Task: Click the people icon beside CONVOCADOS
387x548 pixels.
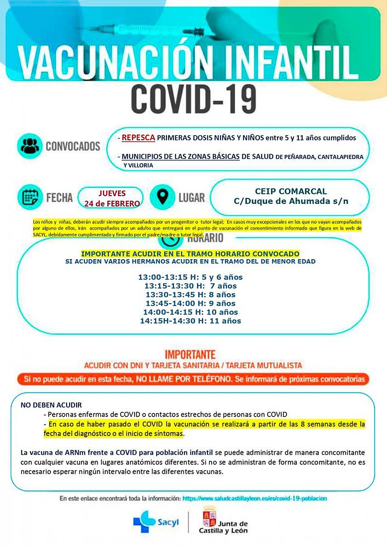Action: point(30,146)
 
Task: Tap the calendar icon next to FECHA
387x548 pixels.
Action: point(30,197)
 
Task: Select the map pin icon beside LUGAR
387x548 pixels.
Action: point(163,197)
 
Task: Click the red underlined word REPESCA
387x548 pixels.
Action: point(138,138)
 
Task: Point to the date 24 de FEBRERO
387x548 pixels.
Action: point(112,203)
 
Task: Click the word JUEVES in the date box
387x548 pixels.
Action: point(112,193)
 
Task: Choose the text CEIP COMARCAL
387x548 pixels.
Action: point(291,191)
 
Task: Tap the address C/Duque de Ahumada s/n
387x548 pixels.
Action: point(291,201)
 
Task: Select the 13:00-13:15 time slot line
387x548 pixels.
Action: point(190,277)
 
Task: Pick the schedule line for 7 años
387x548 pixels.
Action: point(190,286)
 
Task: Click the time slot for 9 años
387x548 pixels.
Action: point(190,303)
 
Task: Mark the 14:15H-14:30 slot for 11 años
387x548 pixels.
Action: point(190,321)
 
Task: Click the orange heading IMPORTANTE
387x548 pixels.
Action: point(190,355)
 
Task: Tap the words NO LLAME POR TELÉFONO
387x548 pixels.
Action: point(184,379)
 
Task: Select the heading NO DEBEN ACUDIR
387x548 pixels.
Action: point(51,405)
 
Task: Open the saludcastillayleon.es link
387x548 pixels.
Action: point(254,498)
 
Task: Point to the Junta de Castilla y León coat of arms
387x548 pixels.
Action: point(209,516)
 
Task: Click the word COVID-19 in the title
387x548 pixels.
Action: point(193,98)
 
